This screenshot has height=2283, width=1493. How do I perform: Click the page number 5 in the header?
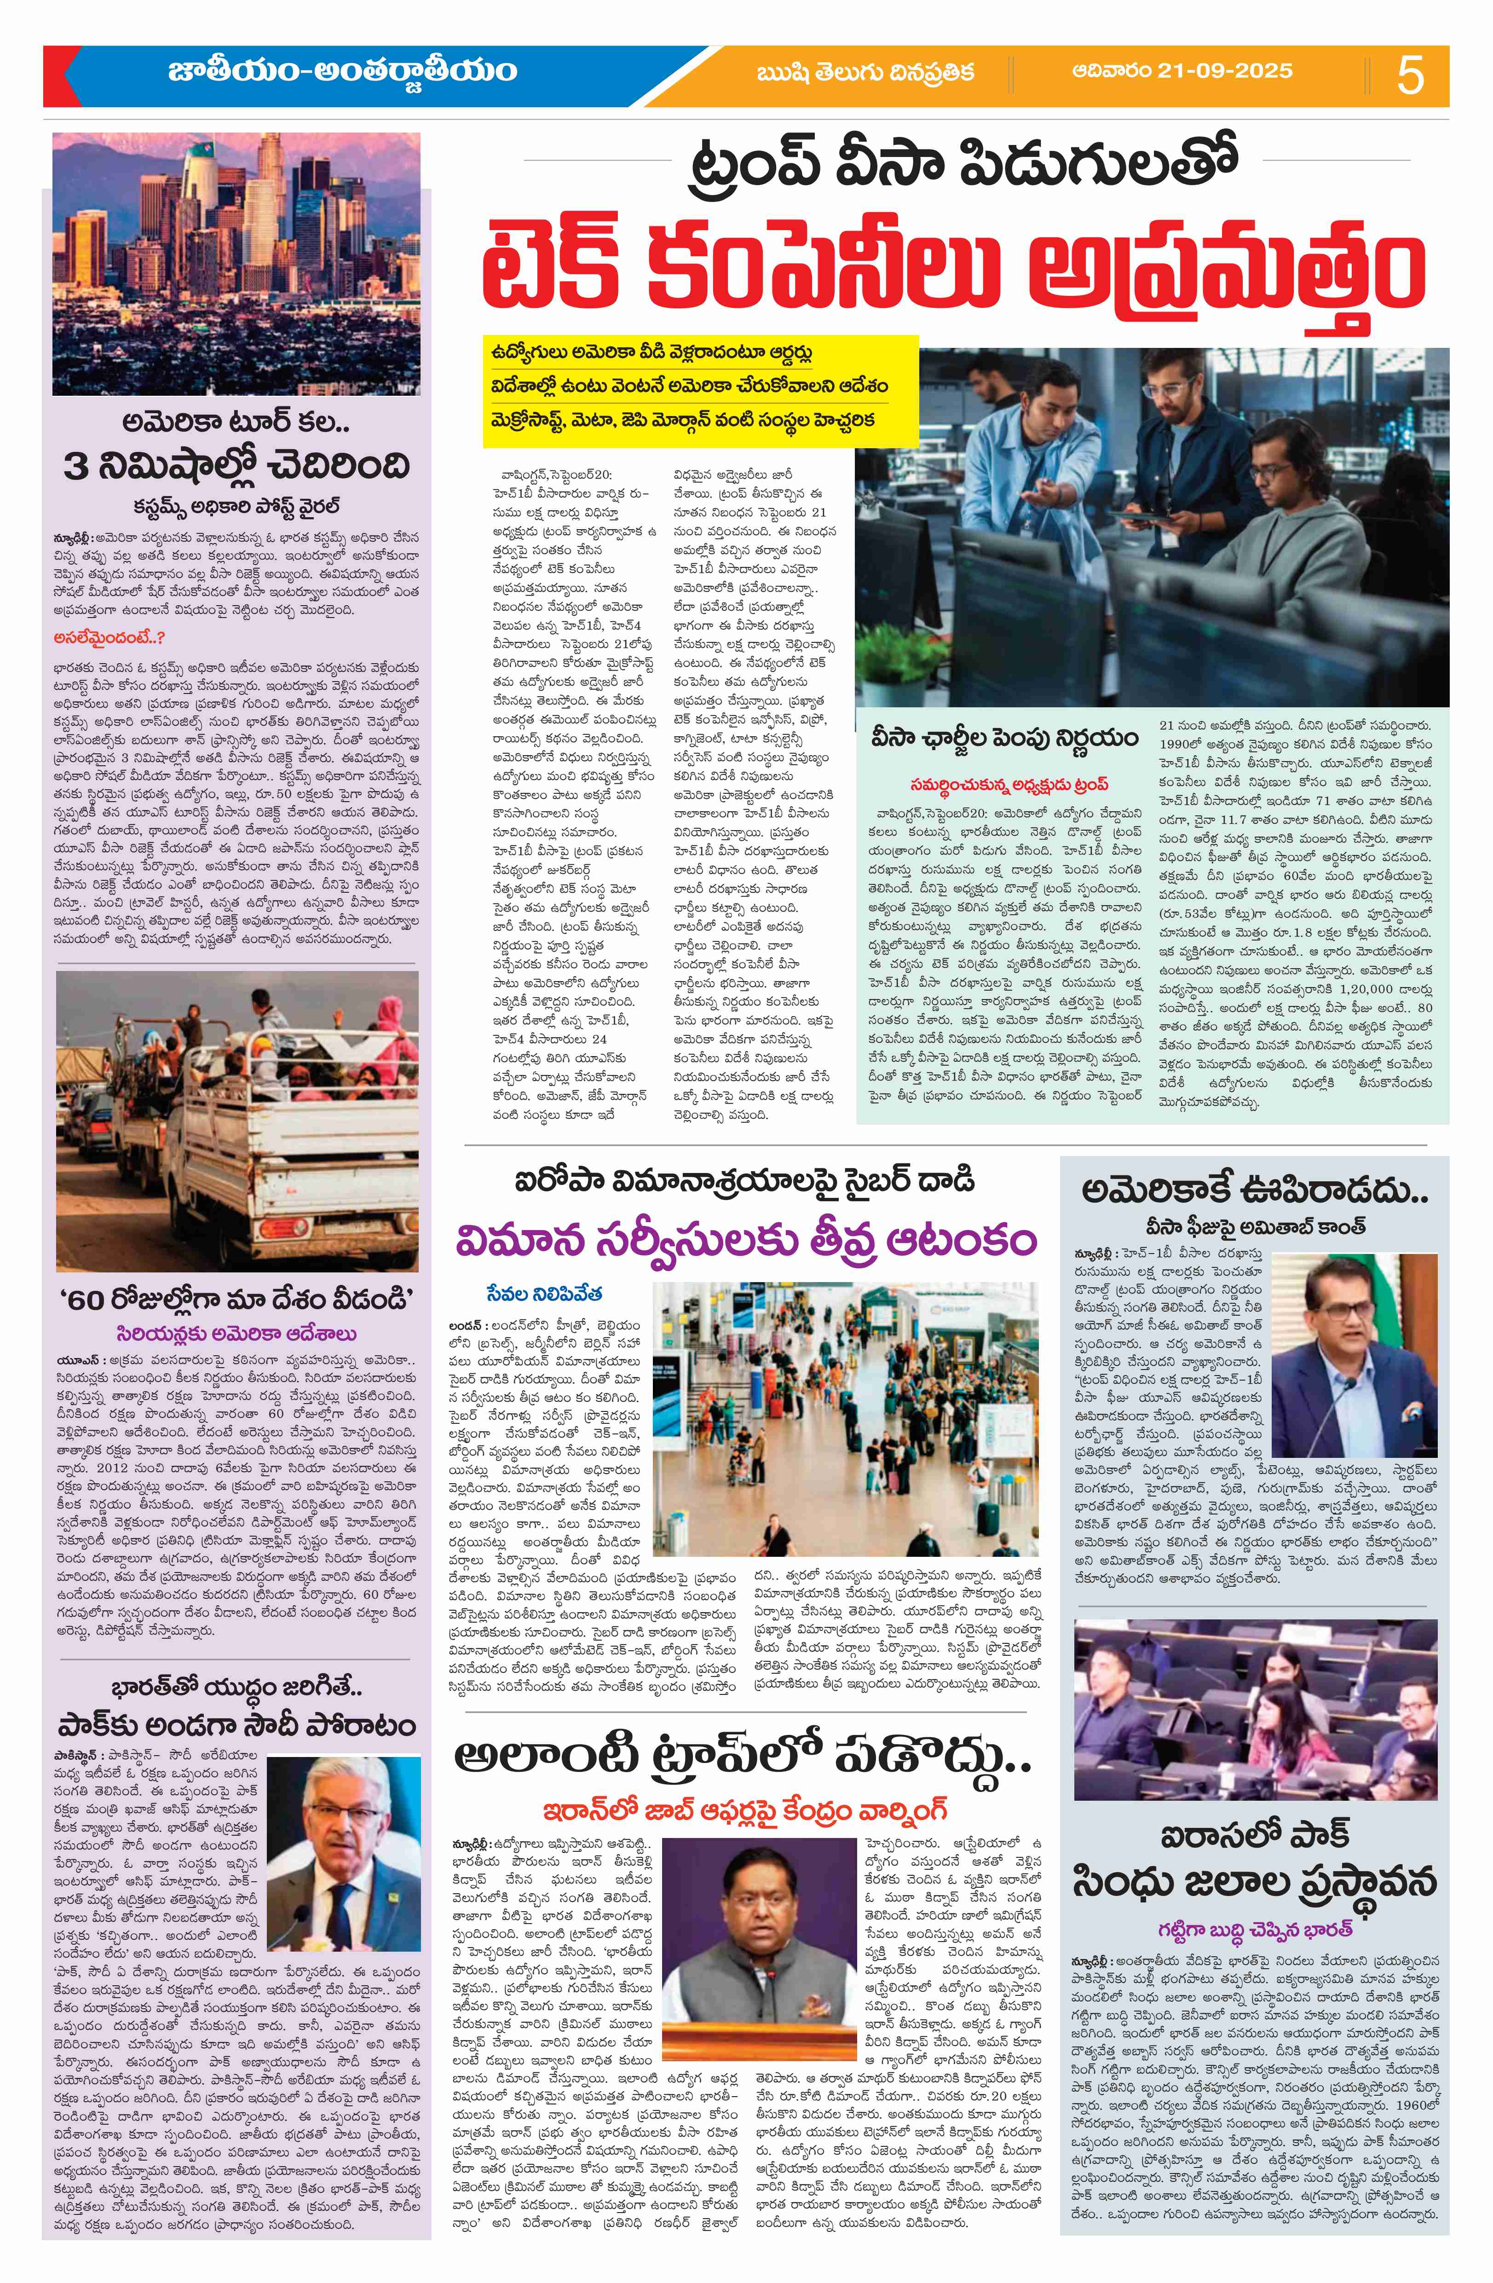pos(1410,75)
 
